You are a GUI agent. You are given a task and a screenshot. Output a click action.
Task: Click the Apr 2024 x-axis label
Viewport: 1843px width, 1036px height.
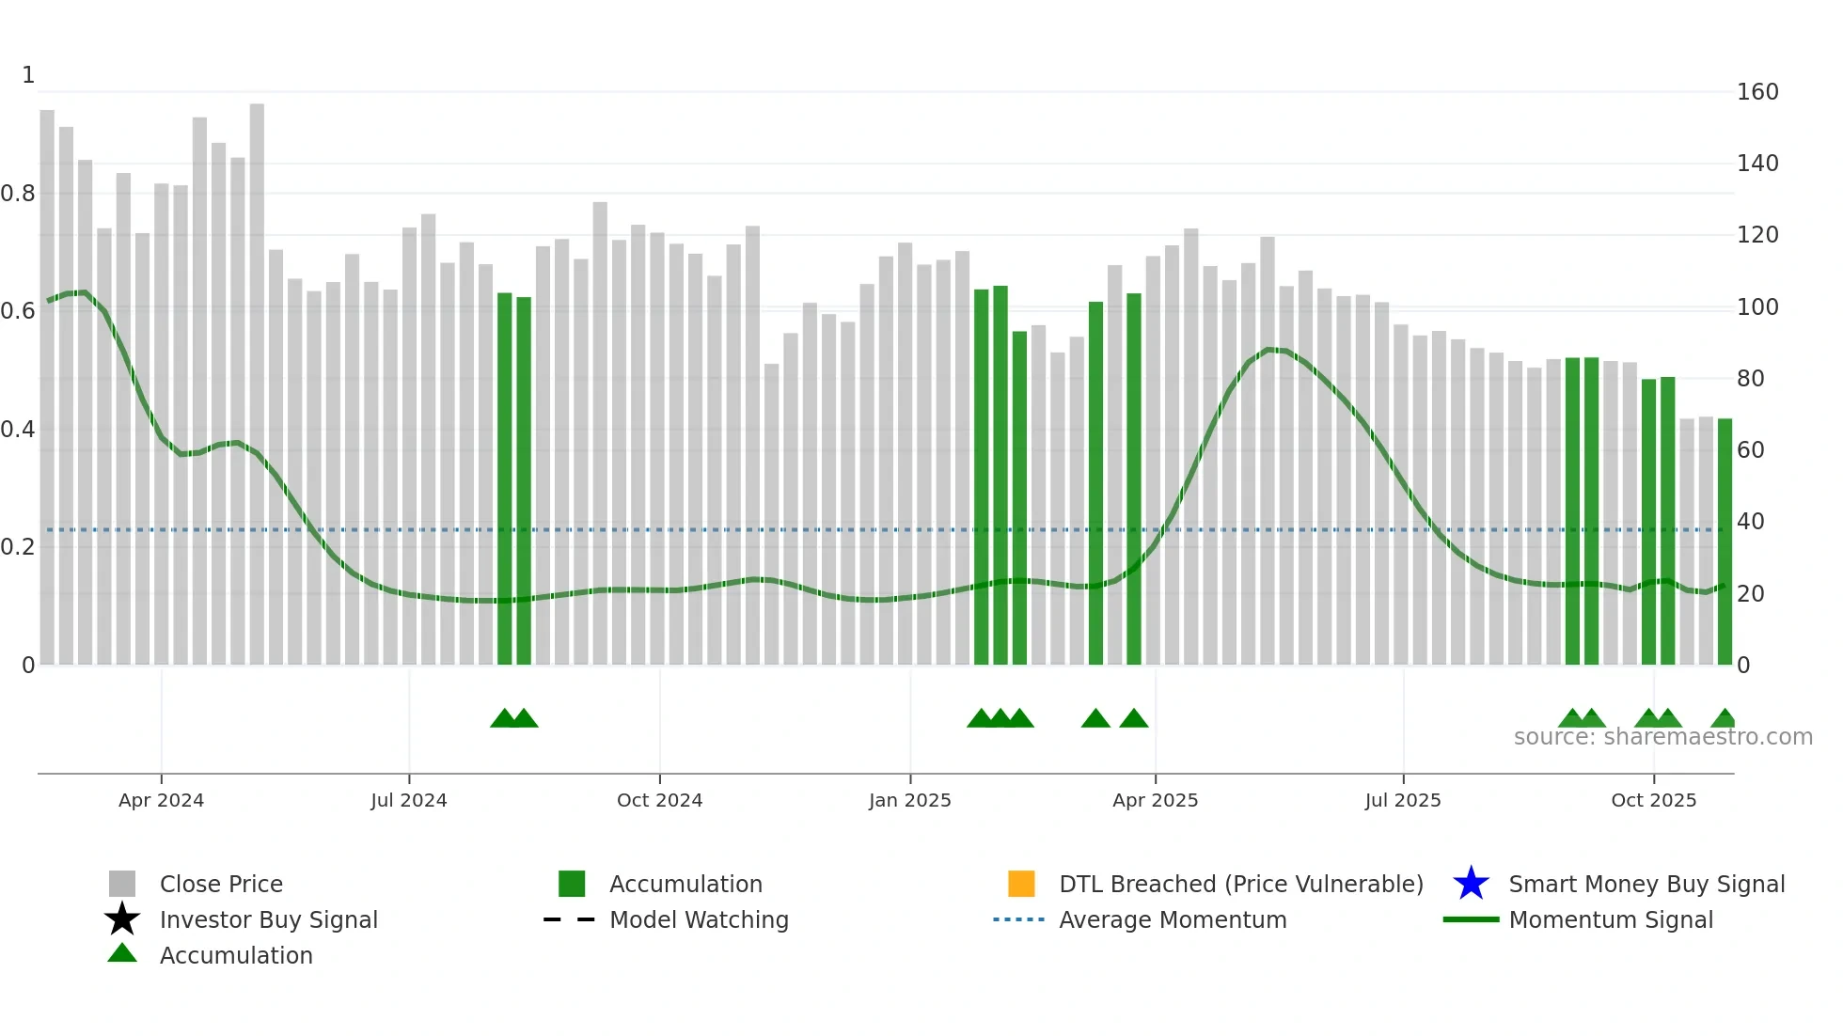coord(161,800)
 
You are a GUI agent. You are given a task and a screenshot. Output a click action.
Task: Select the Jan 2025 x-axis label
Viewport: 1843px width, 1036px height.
coord(909,800)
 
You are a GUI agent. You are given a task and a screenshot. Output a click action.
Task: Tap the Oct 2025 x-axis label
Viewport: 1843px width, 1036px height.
coord(1653,800)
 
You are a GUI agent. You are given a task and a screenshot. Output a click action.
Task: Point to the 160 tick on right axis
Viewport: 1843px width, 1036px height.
coord(1756,92)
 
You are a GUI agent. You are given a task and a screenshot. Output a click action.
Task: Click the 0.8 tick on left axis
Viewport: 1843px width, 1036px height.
coord(18,194)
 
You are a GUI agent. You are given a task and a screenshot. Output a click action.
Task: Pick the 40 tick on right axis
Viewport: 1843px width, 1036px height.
coord(1750,522)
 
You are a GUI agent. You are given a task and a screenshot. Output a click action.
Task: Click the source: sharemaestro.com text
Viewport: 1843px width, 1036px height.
coord(1662,737)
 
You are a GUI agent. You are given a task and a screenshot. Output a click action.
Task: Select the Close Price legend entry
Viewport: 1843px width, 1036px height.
coord(221,884)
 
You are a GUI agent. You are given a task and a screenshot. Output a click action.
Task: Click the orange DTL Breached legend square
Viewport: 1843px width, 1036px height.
coord(1021,884)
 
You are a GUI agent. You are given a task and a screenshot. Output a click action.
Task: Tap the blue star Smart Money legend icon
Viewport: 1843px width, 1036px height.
coord(1471,884)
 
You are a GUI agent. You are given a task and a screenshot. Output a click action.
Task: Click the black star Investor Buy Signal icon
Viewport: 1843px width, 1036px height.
coord(122,919)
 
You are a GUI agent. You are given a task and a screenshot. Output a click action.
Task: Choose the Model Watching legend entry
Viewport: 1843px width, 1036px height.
coord(699,919)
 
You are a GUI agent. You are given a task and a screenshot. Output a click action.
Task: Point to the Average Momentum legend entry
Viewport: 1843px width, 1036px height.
coord(1172,919)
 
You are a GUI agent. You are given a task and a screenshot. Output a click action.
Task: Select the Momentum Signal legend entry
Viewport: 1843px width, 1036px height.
coord(1610,919)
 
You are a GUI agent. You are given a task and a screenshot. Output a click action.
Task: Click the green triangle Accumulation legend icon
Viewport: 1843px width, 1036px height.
coord(122,954)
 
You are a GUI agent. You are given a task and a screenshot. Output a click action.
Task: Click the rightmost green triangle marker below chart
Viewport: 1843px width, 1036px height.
coord(1724,719)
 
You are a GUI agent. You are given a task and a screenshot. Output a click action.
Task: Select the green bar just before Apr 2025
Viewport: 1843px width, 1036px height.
coord(1133,479)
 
